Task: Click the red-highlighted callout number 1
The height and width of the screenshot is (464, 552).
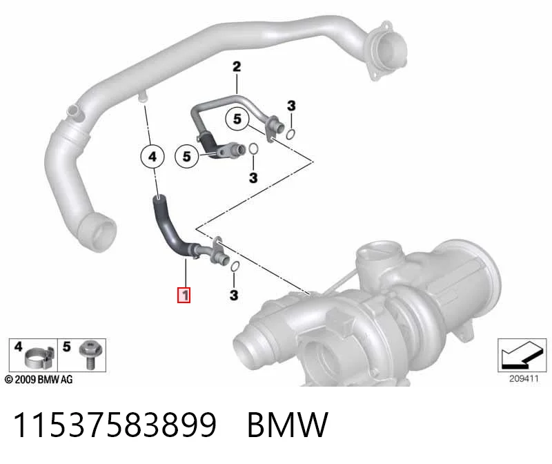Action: point(184,295)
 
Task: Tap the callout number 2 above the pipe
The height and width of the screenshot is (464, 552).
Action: point(237,66)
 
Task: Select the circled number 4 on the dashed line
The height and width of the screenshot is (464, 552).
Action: point(152,157)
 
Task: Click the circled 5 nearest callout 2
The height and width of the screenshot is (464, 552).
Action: point(237,119)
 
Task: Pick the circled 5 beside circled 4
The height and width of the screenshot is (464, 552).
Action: point(187,156)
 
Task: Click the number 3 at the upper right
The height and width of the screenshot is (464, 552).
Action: point(291,106)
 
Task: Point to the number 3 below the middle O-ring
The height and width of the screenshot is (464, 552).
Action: point(253,178)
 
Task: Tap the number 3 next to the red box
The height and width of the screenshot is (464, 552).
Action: point(234,296)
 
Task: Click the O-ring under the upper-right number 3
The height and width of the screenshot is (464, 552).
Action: point(290,134)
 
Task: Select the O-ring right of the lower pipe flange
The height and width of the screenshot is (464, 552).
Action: point(235,267)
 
